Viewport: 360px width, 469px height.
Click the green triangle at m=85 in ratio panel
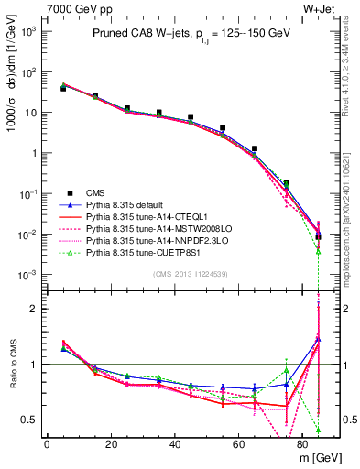pos(319,429)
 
